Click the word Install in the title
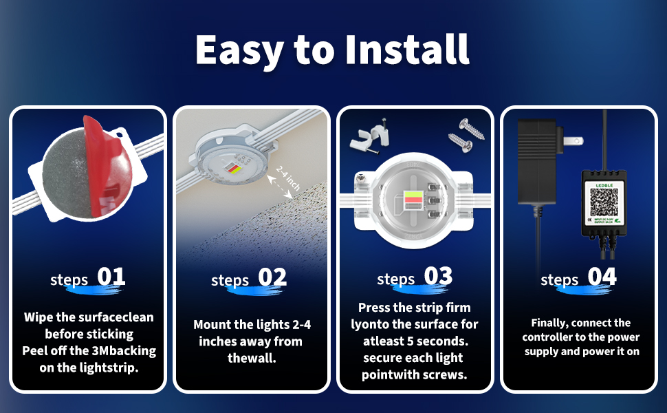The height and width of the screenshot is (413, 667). [x=400, y=49]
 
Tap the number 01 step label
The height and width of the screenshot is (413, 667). [x=111, y=277]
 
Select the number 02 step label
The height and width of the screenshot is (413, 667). [x=272, y=277]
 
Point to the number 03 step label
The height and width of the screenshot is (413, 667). [x=438, y=276]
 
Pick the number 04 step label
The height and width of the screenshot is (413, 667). [x=602, y=277]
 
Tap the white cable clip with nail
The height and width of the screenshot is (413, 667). [x=368, y=140]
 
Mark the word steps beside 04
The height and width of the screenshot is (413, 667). [x=560, y=280]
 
